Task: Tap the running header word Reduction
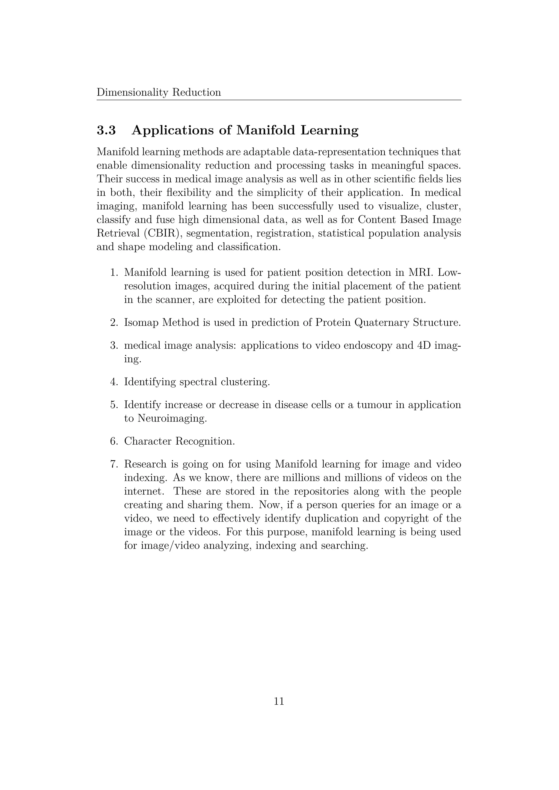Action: coord(196,92)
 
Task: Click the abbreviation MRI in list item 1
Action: coord(420,273)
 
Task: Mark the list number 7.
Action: coord(114,464)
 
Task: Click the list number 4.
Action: coord(114,382)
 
